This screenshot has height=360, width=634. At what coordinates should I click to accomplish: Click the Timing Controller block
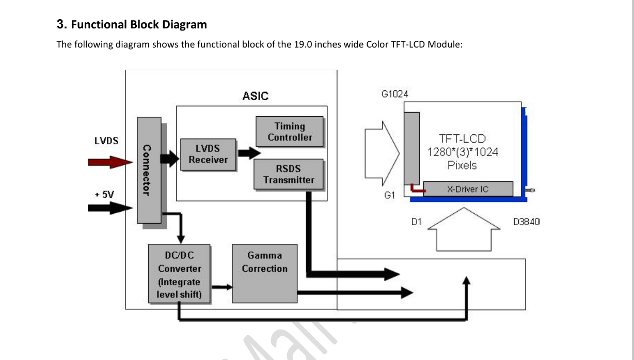(x=290, y=132)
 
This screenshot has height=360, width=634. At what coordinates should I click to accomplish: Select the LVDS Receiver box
(x=208, y=154)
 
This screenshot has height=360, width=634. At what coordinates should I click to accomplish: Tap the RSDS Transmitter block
(x=289, y=174)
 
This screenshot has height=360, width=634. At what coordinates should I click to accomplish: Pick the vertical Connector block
(x=149, y=170)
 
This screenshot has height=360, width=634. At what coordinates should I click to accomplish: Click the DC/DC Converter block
(x=179, y=273)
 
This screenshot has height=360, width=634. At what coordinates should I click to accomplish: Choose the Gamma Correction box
(x=264, y=273)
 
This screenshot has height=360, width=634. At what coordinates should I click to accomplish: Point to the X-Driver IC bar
(x=468, y=189)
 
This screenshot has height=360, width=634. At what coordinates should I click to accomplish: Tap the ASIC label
(x=256, y=96)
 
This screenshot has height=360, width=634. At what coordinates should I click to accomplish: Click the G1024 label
(x=394, y=94)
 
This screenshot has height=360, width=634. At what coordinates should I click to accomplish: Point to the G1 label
(x=390, y=195)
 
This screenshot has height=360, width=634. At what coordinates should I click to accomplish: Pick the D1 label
(x=416, y=222)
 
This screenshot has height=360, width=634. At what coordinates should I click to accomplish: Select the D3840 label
(x=526, y=222)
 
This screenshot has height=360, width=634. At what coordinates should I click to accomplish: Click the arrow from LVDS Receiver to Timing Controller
(x=248, y=153)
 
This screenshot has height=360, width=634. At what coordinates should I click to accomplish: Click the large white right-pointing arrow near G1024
(x=382, y=153)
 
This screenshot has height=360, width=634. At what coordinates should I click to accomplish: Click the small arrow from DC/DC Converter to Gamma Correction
(x=221, y=287)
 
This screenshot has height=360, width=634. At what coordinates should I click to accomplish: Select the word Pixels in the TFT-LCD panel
(x=462, y=166)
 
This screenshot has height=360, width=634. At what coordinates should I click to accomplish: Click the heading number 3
(x=61, y=24)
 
